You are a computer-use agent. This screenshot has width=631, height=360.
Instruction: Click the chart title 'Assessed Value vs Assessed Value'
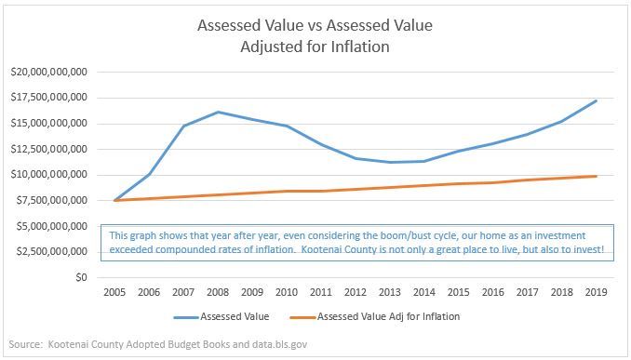point(315,25)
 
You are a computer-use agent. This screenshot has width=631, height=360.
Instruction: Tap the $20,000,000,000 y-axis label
point(47,72)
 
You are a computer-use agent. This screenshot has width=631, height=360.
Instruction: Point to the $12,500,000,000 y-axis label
point(47,149)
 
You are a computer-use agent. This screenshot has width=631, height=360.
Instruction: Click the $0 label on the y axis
point(81,277)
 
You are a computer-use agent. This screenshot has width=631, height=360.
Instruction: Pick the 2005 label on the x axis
point(115,292)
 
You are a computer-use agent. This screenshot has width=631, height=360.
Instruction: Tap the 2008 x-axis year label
point(218,292)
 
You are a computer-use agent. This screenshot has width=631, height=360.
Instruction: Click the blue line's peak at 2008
point(218,112)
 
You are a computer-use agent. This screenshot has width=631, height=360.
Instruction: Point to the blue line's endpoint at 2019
point(596,100)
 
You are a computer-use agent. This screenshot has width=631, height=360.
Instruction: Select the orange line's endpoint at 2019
point(596,176)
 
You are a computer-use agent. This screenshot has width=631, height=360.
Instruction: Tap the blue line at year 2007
point(183,126)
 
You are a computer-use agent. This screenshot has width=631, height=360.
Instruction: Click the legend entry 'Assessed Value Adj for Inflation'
point(388,317)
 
